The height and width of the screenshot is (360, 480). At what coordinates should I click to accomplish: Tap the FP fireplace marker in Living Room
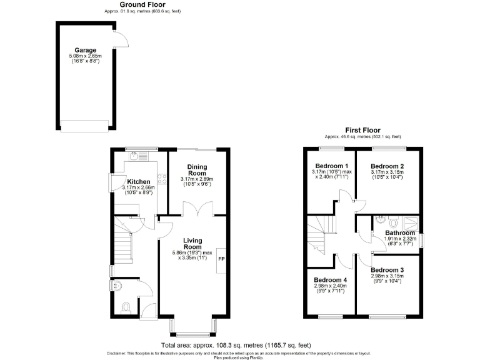tap(221, 259)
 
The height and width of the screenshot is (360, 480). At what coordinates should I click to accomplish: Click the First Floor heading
tap(362, 130)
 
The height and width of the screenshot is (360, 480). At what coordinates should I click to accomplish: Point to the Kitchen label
tap(138, 182)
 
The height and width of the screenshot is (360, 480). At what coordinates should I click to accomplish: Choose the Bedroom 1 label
tap(329, 166)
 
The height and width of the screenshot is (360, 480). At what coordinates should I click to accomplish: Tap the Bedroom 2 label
tap(387, 166)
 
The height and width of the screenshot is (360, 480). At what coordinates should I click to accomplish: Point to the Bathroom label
tap(399, 233)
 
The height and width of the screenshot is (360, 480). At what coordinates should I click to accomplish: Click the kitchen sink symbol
tap(135, 156)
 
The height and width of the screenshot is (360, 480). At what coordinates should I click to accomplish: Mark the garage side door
tap(122, 39)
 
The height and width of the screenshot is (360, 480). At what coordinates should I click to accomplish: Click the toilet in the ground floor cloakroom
tap(126, 307)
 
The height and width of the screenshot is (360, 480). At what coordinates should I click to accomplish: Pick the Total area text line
tap(236, 345)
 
